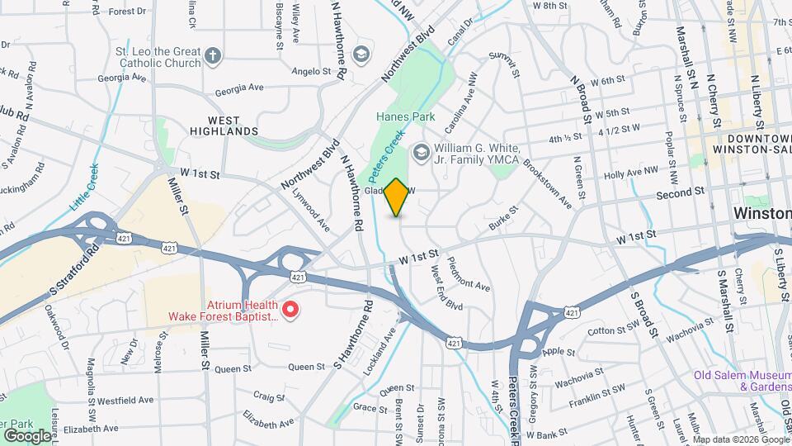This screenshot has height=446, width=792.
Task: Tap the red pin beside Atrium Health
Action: [290, 310]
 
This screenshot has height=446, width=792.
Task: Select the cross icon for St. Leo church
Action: [213, 56]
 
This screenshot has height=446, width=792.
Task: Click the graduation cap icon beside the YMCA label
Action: [422, 152]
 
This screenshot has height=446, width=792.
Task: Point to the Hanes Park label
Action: [405, 117]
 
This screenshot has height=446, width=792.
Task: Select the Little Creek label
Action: [84, 189]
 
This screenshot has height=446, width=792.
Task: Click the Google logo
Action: [27, 435]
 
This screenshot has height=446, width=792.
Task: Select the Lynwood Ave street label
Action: [311, 211]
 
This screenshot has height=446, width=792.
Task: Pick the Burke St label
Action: [502, 216]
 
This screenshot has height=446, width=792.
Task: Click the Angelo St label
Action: [311, 72]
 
